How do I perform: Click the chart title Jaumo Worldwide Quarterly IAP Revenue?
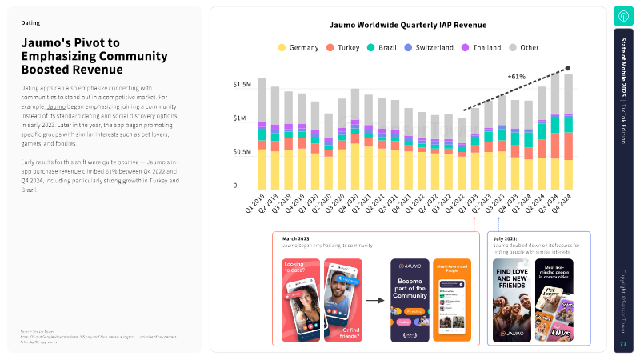pos(408,26)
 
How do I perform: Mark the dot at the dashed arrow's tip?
pos(568,69)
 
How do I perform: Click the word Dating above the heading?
pos(30,23)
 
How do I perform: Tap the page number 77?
pos(623,344)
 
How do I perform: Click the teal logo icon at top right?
pos(623,16)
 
